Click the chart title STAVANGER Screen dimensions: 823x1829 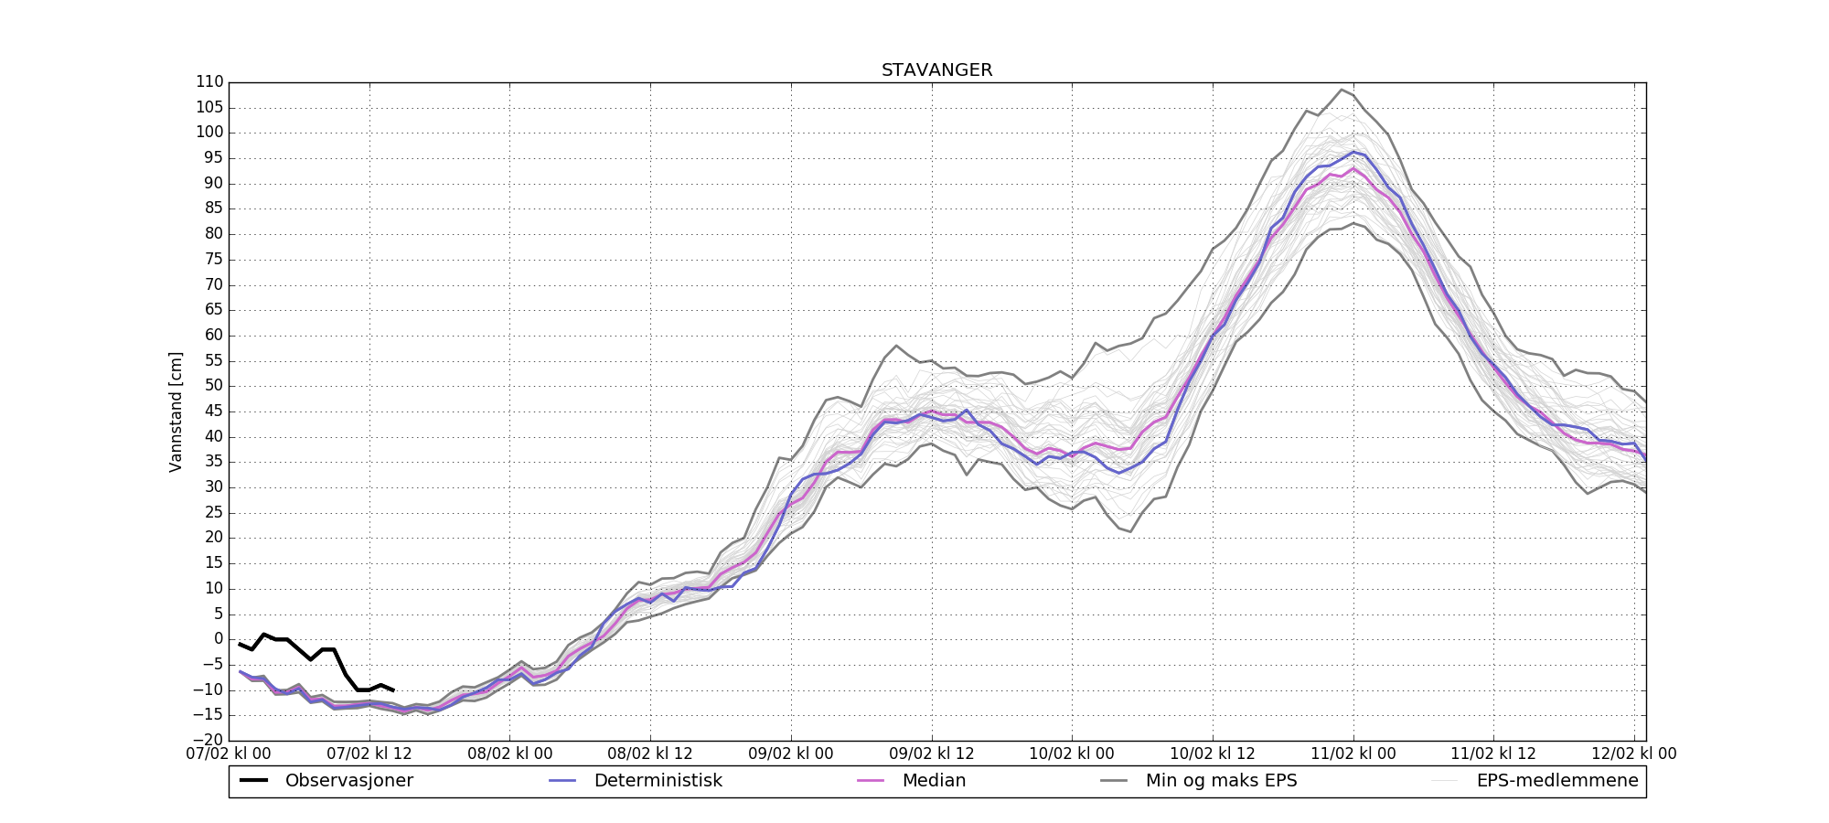[936, 70]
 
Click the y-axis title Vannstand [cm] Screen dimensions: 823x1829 [176, 411]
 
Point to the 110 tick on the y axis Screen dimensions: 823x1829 [209, 82]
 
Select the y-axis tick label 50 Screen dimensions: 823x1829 [213, 386]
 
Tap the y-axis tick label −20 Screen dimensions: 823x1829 [209, 741]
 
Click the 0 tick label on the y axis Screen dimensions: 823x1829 [219, 639]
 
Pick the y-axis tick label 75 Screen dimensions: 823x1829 [213, 259]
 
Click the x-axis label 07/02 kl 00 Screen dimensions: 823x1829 [229, 754]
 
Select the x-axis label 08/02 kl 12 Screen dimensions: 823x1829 [650, 754]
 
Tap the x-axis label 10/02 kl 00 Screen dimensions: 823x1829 [1072, 754]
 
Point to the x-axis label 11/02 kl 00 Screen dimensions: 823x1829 [1353, 754]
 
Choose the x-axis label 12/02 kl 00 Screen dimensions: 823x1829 [1634, 754]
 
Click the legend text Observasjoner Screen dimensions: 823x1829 [348, 781]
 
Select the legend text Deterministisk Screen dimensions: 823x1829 [658, 781]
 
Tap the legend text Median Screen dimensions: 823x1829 [934, 781]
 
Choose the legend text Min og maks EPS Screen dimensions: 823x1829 [1221, 781]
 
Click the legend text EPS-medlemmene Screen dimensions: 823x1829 [1557, 781]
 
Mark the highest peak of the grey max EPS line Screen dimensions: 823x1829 [1342, 90]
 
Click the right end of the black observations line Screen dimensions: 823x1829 [393, 690]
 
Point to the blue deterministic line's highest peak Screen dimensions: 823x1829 [1353, 152]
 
